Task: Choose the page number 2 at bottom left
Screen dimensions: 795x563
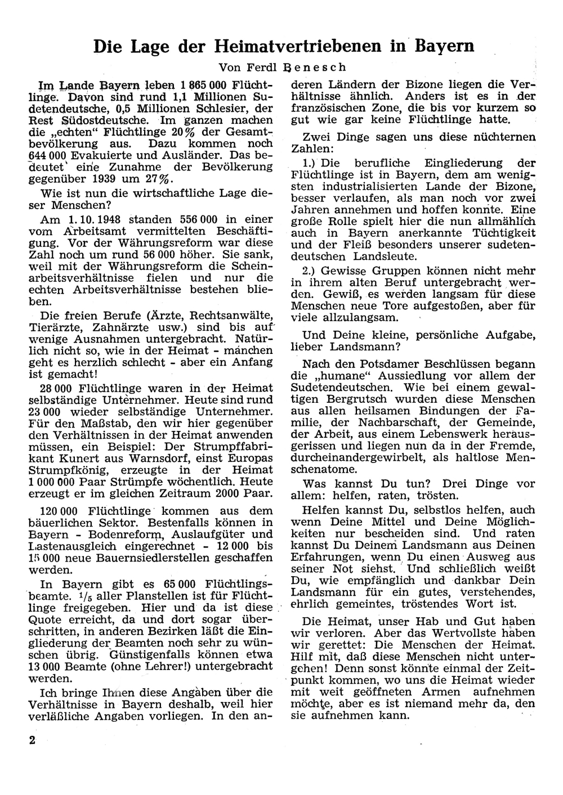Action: click(33, 740)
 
